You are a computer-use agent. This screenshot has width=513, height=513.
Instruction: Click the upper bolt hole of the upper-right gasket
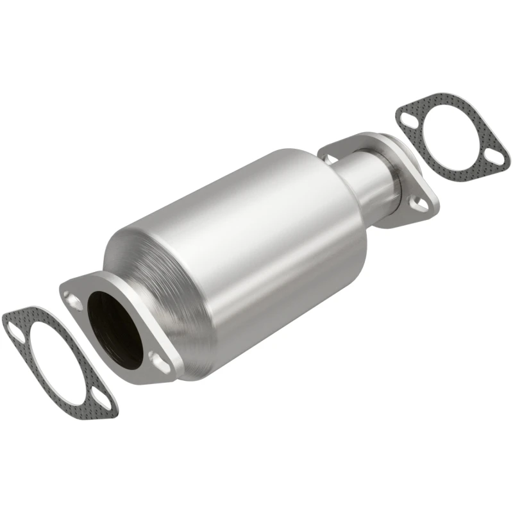click(406, 118)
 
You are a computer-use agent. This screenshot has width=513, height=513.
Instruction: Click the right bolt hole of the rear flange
click(418, 205)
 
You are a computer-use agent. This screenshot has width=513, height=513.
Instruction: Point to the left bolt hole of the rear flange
click(331, 157)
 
